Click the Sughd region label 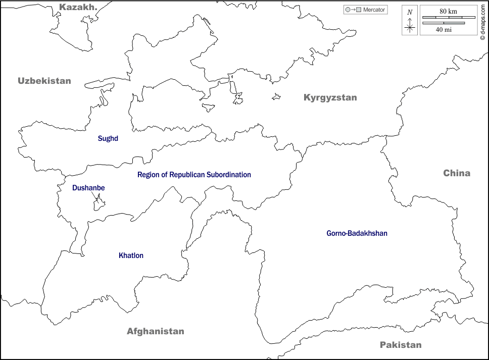[108, 138]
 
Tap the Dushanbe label [88, 188]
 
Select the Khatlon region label [131, 255]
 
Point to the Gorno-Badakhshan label [357, 233]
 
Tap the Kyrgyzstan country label [330, 98]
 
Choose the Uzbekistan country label [44, 81]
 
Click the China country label [457, 173]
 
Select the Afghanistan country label [155, 332]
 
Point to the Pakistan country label [401, 345]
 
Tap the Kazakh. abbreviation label [78, 7]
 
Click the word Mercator [374, 10]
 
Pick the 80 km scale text [448, 11]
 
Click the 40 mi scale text [444, 29]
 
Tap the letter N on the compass [410, 12]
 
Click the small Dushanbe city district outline [99, 204]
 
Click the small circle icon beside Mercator [347, 10]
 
